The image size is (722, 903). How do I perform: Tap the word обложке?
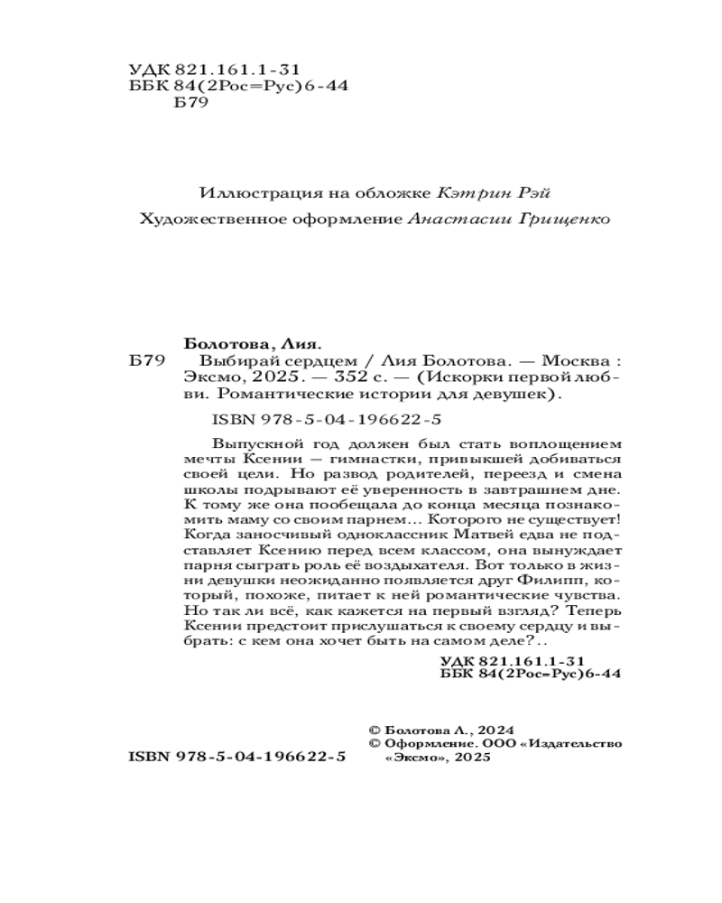394,192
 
